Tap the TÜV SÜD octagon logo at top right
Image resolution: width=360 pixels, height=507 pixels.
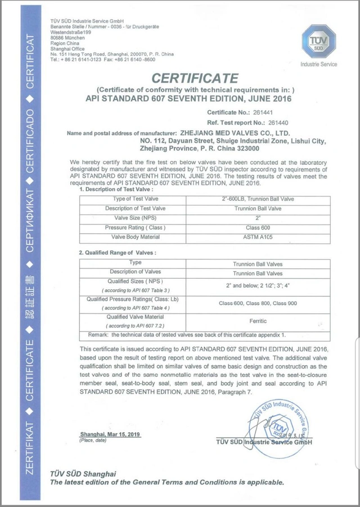[x=318, y=42]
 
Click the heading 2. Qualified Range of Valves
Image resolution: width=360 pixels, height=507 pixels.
[x=116, y=253]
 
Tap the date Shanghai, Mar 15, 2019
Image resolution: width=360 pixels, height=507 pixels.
[x=110, y=434]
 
